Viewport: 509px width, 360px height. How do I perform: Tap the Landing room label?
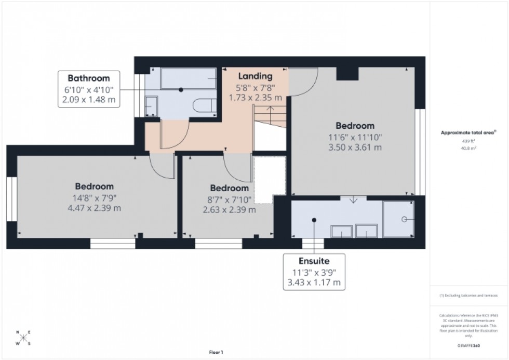click(255, 76)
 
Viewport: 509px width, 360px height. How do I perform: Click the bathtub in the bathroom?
click(189, 78)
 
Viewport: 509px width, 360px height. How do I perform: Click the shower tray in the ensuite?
click(398, 219)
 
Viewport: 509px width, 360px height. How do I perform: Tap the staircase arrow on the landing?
click(269, 109)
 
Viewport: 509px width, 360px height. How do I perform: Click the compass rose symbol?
click(23, 338)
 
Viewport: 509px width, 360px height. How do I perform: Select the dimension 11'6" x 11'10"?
click(355, 137)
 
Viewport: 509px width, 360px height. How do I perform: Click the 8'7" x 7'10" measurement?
click(229, 199)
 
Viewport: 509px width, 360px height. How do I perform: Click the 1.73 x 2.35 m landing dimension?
click(255, 97)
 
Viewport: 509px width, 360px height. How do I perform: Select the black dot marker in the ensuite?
click(314, 220)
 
